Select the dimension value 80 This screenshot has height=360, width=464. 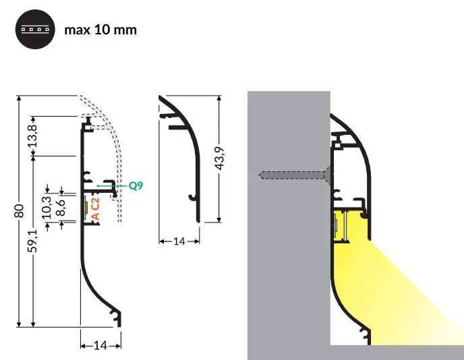[20, 210]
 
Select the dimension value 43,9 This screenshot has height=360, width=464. [228, 159]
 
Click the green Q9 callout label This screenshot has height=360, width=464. [135, 184]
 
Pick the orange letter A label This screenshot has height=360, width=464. [95, 216]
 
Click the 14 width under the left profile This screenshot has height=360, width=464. [100, 346]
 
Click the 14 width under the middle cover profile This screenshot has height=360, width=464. [179, 240]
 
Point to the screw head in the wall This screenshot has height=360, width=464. [327, 175]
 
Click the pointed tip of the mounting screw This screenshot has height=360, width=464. [260, 176]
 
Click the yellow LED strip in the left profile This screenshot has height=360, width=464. [86, 208]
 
